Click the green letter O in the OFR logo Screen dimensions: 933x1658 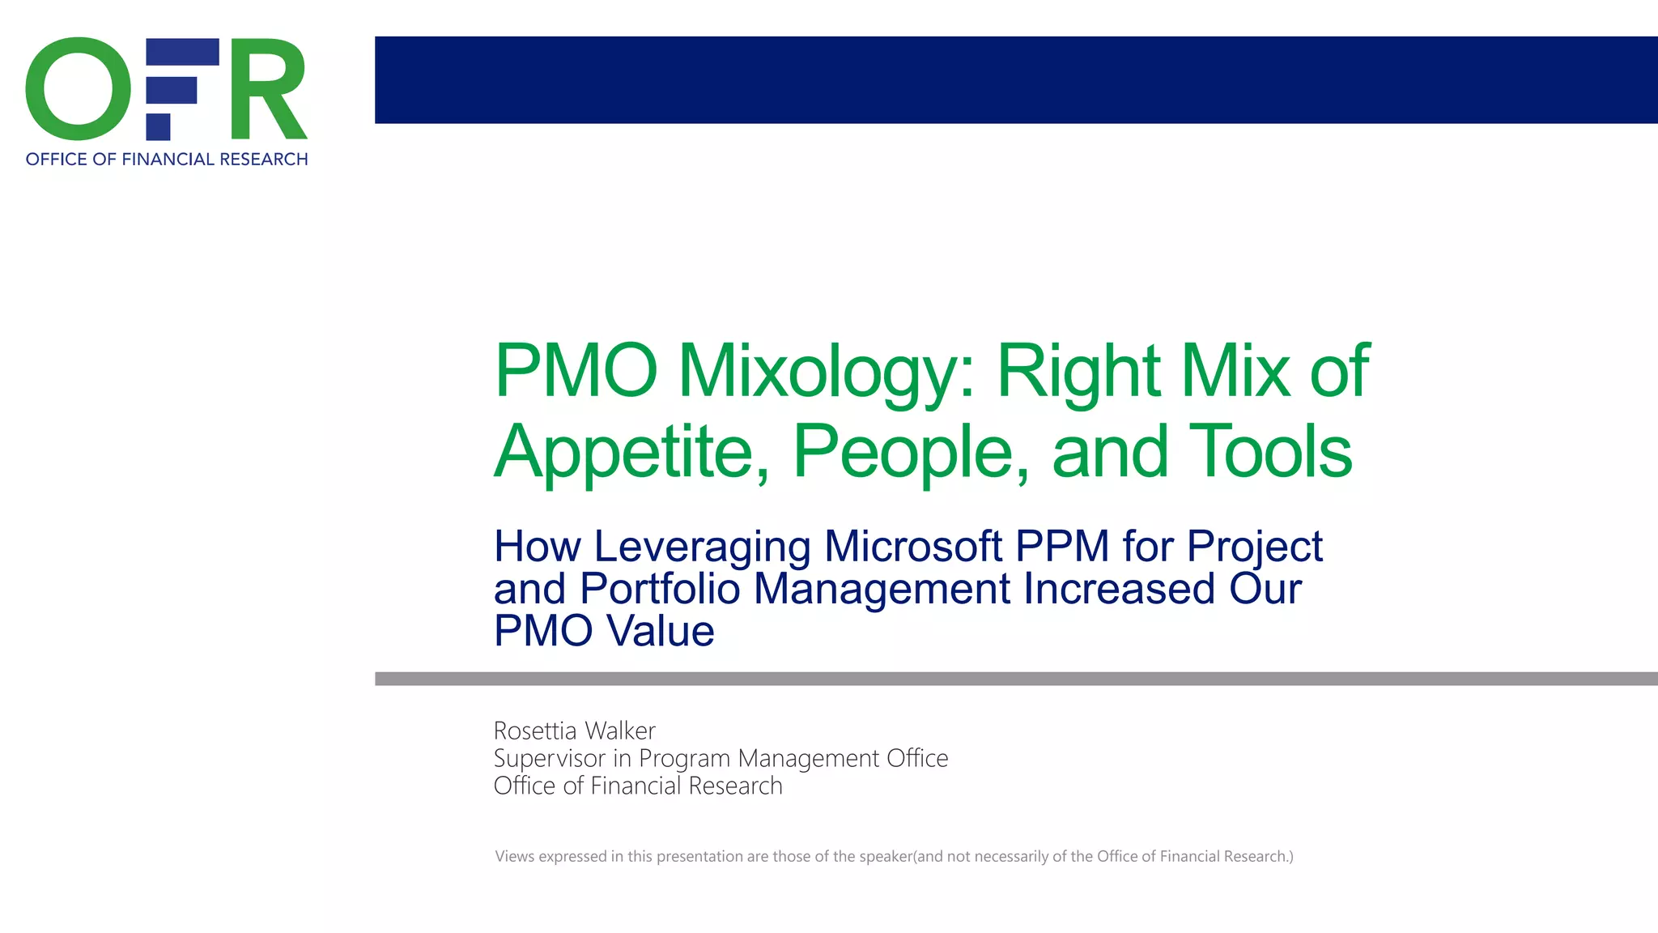click(78, 89)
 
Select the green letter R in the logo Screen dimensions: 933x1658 click(267, 89)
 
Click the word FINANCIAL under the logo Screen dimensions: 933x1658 click(168, 160)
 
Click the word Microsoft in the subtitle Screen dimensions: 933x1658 click(913, 546)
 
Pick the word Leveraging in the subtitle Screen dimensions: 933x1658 click(702, 547)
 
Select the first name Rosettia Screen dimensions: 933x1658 click(535, 731)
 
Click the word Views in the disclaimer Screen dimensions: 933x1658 click(515, 856)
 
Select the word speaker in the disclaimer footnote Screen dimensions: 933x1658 click(886, 856)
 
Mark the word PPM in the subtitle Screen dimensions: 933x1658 click(1062, 546)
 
